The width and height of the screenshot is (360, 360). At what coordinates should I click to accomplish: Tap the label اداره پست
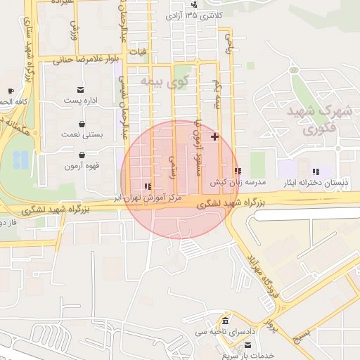click(82, 101)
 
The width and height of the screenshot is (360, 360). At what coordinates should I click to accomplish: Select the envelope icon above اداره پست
click(82, 89)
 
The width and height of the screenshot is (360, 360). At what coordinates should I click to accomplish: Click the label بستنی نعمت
click(82, 133)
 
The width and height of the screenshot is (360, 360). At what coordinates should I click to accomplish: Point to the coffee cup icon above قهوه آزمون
click(83, 155)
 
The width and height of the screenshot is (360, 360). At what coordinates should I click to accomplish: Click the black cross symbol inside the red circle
click(214, 136)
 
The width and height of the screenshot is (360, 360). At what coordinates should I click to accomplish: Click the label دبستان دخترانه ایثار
click(315, 182)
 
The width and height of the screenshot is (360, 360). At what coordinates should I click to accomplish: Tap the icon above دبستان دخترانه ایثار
click(316, 172)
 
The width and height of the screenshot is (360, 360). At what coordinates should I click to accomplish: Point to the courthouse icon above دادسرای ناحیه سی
click(224, 321)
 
